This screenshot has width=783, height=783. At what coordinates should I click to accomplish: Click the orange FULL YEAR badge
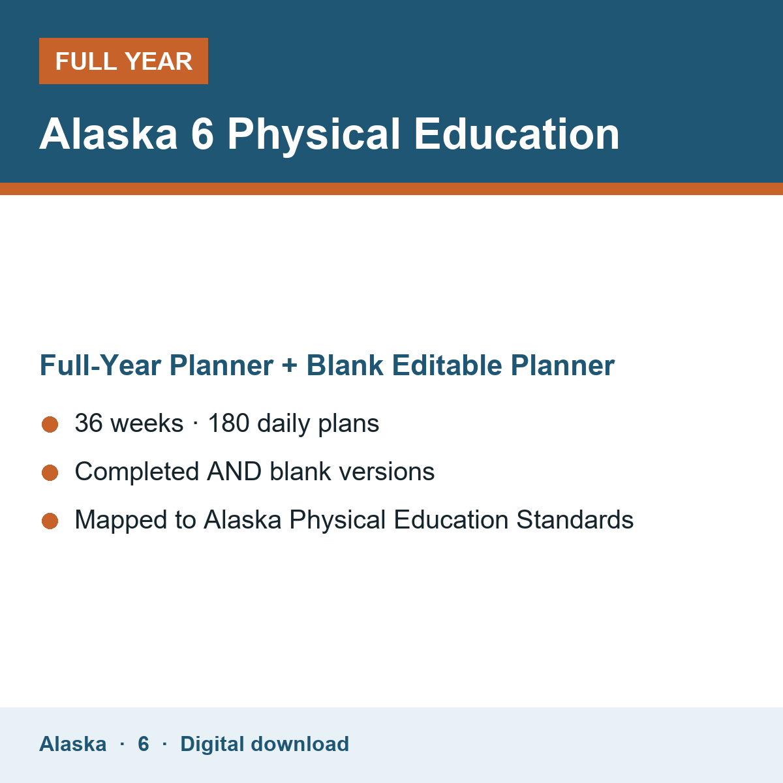(x=123, y=61)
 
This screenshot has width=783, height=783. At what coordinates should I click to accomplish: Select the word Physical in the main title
(x=314, y=136)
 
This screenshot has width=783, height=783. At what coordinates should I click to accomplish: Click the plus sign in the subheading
(x=290, y=365)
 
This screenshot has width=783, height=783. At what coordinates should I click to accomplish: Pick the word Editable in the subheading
(x=447, y=365)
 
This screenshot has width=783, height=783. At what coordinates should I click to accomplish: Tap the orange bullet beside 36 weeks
(x=50, y=425)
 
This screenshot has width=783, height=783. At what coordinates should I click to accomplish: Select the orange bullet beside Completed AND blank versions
(x=50, y=472)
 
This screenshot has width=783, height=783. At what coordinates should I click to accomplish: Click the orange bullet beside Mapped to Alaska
(x=50, y=521)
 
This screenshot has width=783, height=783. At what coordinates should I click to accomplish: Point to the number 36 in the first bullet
(x=89, y=423)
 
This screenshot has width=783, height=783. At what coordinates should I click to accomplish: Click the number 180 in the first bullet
(x=229, y=423)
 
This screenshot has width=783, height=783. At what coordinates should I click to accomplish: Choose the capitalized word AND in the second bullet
(x=234, y=471)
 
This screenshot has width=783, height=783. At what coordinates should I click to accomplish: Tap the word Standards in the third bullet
(x=575, y=519)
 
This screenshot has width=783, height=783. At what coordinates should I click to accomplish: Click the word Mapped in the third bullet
(x=121, y=521)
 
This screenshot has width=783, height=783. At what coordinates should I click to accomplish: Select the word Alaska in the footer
(x=72, y=744)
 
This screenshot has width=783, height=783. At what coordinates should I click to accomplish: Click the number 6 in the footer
(x=144, y=744)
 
